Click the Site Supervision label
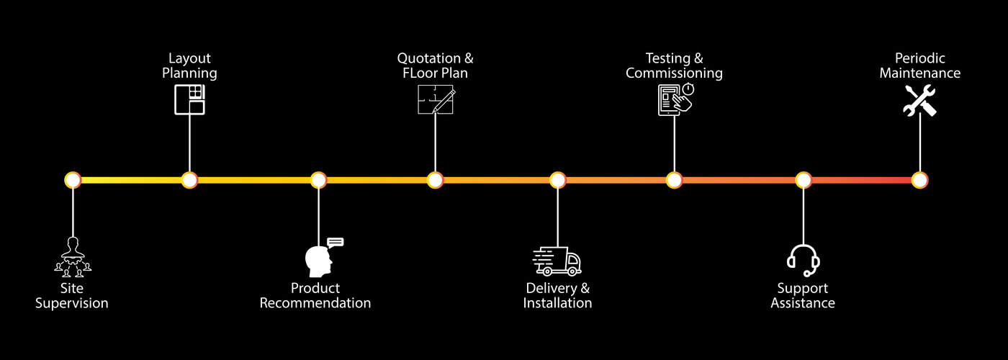click(72, 296)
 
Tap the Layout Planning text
click(189, 66)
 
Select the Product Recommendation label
click(315, 296)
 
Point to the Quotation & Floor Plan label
click(436, 66)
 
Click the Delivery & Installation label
click(558, 296)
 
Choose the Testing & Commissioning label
click(674, 66)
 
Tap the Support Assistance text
click(803, 296)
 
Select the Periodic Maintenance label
click(920, 66)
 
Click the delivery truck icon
click(557, 261)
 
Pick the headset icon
click(804, 260)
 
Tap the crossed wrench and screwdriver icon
click(919, 100)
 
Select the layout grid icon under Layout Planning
click(190, 99)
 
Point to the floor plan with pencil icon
click(436, 99)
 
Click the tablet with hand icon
click(675, 99)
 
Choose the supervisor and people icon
click(73, 257)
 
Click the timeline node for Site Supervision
click(73, 180)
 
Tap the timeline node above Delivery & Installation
click(558, 180)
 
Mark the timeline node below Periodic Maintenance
click(919, 180)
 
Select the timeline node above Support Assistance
click(804, 180)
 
